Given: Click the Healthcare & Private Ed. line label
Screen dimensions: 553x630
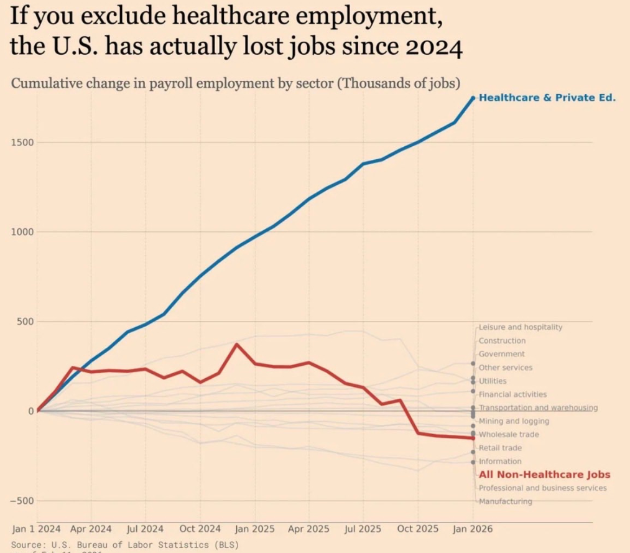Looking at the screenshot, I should point(547,98).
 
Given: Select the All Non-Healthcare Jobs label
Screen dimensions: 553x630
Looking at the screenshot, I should point(544,475).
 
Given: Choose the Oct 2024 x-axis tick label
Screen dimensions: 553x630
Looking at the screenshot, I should point(200,529).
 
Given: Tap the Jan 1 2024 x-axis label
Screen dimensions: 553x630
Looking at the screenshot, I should point(37,529).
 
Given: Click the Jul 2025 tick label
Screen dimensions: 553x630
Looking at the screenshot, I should point(363,529).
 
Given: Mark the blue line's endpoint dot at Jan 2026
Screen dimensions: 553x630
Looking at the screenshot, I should point(473,98).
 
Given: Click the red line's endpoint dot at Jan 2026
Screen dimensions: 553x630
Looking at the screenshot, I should point(473,438).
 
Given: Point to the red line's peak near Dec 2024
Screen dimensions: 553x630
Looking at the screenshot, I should point(236,344).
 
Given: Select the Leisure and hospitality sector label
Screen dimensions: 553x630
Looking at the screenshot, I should point(520,327).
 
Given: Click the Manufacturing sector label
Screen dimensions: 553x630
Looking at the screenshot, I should point(505,501).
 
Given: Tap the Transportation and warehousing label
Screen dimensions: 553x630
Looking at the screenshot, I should point(538,408).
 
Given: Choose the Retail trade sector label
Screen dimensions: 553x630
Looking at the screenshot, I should point(500,448).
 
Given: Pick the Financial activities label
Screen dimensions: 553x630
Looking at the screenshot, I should point(512,394).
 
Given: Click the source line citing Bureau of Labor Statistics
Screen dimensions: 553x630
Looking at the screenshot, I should point(124,545).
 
